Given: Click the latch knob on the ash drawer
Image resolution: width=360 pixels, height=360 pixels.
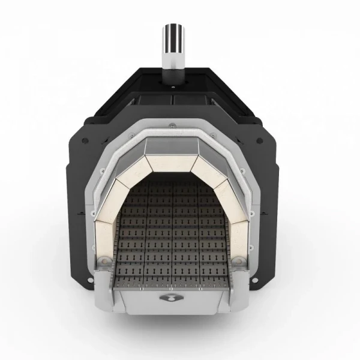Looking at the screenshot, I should [x=173, y=298].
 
